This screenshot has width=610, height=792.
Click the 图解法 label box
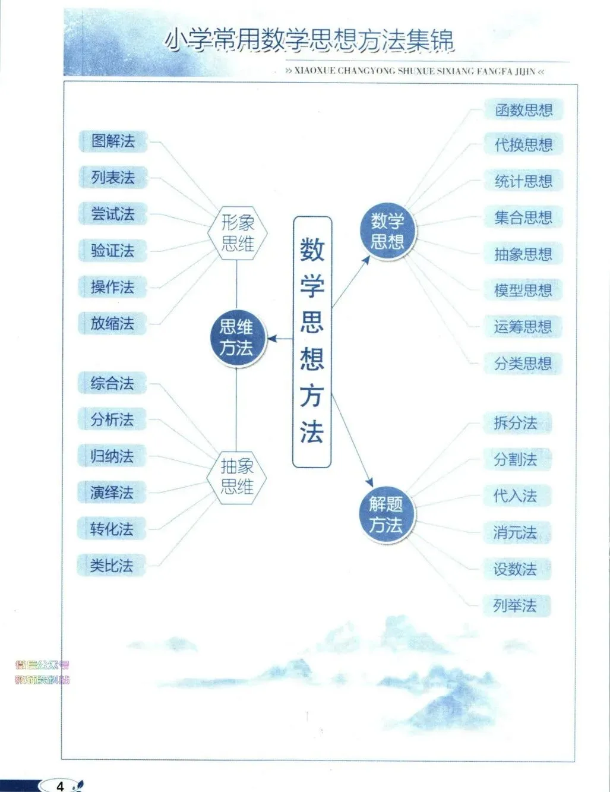coord(113,141)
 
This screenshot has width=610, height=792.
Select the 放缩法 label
coord(112,324)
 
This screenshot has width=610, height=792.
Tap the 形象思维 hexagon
coord(238,232)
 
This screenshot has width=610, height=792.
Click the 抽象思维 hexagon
coord(237,476)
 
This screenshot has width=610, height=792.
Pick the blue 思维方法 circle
coord(236,337)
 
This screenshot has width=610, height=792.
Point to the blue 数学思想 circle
coord(387,231)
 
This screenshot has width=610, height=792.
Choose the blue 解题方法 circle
coord(385,515)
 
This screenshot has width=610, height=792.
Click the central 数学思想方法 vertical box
coord(312,342)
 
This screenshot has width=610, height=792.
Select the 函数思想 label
coord(523,110)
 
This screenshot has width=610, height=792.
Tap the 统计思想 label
coord(523,181)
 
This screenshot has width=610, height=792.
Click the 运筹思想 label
coord(523,327)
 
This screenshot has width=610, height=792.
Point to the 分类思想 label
coord(523,364)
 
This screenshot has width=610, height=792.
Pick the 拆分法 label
coord(515,423)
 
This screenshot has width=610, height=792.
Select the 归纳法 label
coord(112,456)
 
